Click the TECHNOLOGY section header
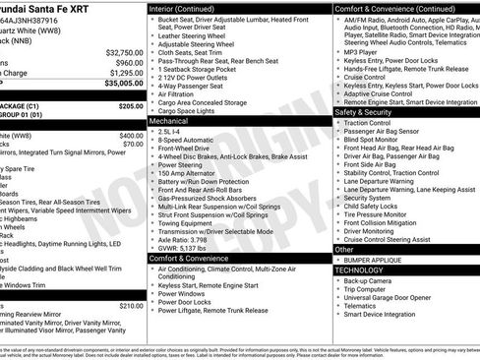[x=358, y=270]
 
